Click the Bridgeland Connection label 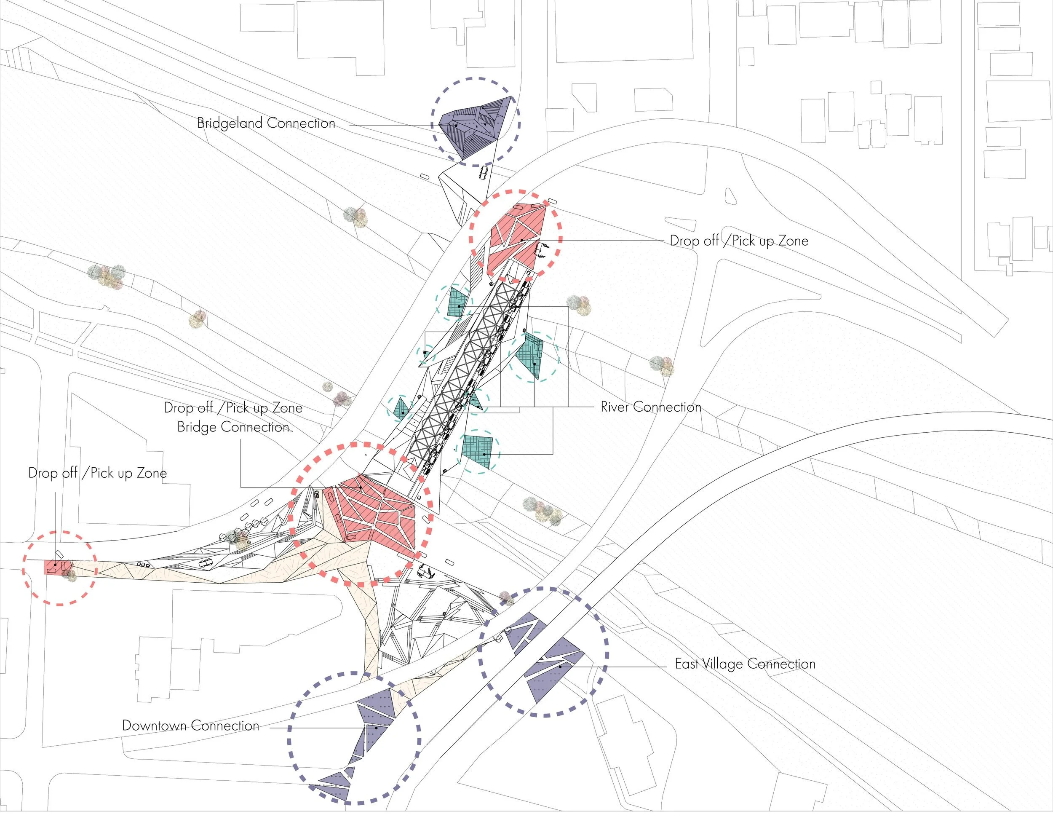[x=266, y=123]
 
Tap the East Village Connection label [x=745, y=664]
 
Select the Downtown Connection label [x=190, y=726]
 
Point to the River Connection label [x=650, y=407]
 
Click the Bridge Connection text [x=233, y=427]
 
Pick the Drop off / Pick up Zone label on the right [x=739, y=241]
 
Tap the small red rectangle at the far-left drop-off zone [x=53, y=567]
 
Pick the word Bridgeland [x=230, y=123]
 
